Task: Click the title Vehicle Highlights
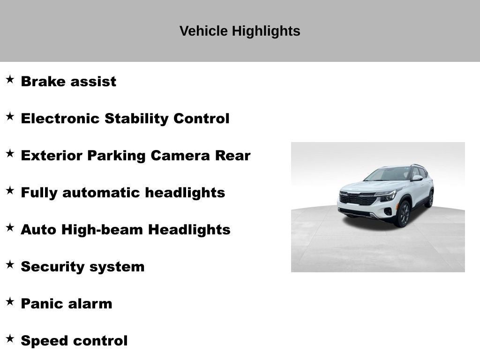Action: coord(240,31)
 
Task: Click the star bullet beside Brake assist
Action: coord(10,79)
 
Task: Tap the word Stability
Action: coord(137,119)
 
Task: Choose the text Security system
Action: coord(82,267)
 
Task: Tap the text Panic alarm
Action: coord(67,304)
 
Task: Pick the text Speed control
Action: coord(74,341)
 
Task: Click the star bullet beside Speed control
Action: coord(10,338)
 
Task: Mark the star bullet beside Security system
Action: coord(10,264)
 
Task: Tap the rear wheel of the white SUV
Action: coord(429,199)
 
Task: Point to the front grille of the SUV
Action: coord(358,198)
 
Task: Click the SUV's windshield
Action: coord(389,174)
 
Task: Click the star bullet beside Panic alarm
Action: coord(10,301)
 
